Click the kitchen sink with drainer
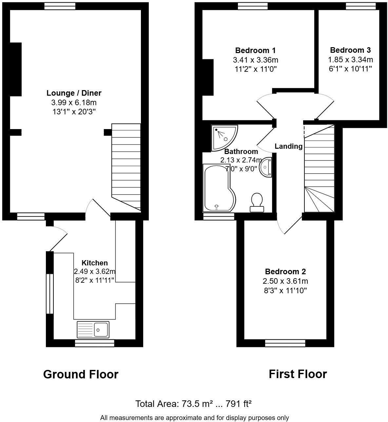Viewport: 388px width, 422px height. pyautogui.click(x=93, y=330)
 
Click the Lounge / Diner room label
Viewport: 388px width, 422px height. pyautogui.click(x=74, y=93)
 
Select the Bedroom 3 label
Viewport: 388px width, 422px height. pyautogui.click(x=350, y=50)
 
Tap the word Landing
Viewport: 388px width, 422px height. pyautogui.click(x=288, y=146)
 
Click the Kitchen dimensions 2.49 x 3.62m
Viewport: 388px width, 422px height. pyautogui.click(x=94, y=271)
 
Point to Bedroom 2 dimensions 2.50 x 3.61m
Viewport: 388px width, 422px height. pyautogui.click(x=285, y=281)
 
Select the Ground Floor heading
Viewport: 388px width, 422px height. pyautogui.click(x=81, y=374)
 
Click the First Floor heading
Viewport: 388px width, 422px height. pyautogui.click(x=298, y=374)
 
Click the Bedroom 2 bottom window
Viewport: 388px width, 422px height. pyautogui.click(x=285, y=343)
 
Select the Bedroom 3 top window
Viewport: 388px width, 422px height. pyautogui.click(x=361, y=6)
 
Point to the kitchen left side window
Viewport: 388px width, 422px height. pyautogui.click(x=49, y=294)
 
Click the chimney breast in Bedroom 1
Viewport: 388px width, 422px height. pyautogui.click(x=208, y=77)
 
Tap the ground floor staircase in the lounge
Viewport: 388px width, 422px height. pyautogui.click(x=126, y=164)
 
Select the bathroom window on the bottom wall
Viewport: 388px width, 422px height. pyautogui.click(x=219, y=216)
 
